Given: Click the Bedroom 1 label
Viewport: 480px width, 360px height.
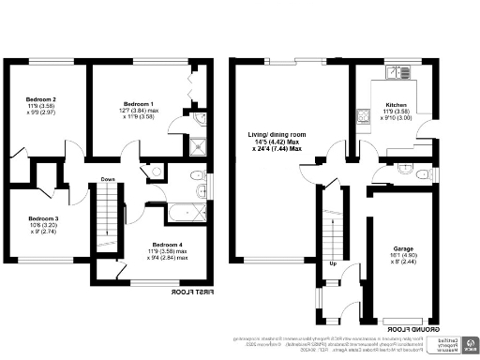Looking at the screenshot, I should [139, 103].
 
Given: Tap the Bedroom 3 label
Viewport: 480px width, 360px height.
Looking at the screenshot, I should [43, 219].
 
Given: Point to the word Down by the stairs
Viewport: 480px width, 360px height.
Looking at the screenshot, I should [108, 180].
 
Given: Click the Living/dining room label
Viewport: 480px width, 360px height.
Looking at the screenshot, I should [277, 136].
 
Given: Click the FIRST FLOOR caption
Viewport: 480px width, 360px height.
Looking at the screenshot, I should [190, 292].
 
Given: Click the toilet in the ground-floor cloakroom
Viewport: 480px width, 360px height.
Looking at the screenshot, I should [425, 174].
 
